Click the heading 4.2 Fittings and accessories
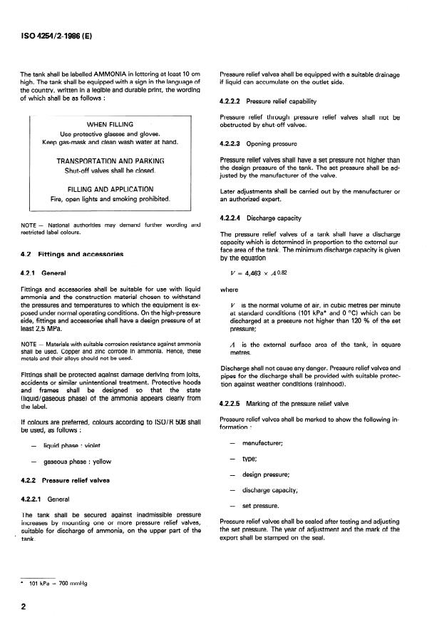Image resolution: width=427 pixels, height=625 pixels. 73,253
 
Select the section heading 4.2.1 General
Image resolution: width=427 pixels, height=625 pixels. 43,273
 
